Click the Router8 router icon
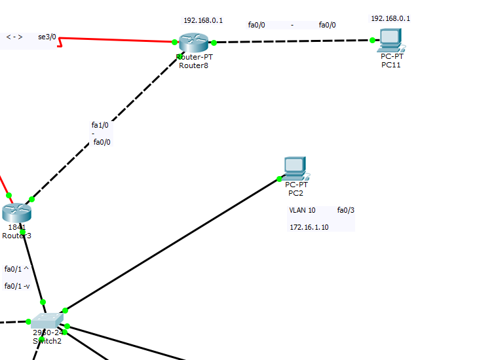193,43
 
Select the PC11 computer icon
391,41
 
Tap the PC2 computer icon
295,169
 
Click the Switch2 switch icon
47,320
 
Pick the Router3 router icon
16,212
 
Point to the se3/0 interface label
47,37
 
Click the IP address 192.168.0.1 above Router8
202,20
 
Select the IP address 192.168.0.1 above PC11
390,18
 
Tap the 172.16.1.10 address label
309,226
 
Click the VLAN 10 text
302,210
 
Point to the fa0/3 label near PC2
345,210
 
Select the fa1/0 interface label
100,124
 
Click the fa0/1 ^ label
16,269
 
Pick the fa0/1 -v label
17,286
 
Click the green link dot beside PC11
372,40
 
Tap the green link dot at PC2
280,179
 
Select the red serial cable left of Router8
118,40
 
